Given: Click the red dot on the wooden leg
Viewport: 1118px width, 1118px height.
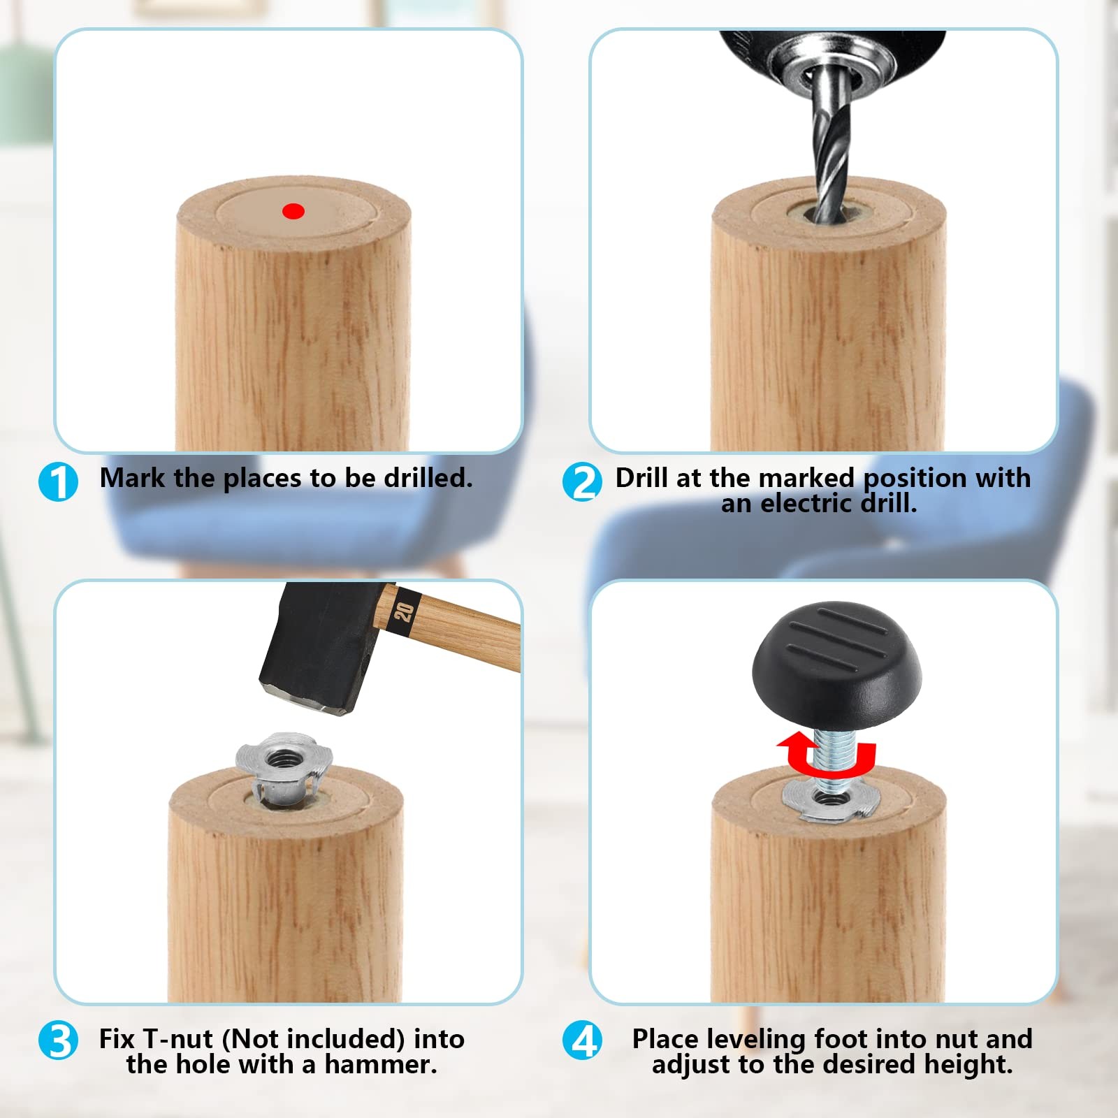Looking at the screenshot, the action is click(293, 211).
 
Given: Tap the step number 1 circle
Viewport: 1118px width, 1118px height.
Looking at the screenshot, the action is click(59, 482).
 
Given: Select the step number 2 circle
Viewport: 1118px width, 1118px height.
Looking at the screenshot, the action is click(582, 482).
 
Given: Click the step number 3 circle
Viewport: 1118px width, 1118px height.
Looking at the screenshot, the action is click(59, 1040).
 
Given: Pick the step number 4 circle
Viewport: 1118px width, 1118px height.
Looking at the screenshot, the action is click(582, 1040).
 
